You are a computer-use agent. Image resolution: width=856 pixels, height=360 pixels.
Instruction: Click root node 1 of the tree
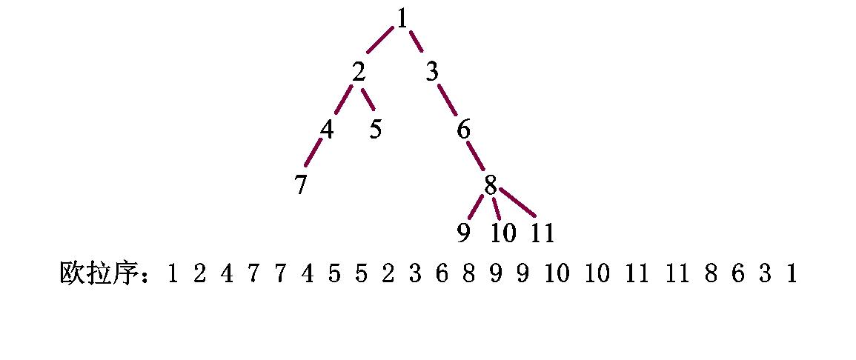click(402, 19)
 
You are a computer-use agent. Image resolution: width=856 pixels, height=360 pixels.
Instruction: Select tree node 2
click(359, 73)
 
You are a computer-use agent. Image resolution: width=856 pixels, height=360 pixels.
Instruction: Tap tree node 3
click(432, 73)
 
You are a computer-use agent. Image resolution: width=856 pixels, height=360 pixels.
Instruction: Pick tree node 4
click(327, 129)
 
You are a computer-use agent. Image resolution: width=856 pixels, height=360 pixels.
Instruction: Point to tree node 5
click(376, 129)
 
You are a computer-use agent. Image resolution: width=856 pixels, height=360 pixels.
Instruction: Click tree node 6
click(463, 130)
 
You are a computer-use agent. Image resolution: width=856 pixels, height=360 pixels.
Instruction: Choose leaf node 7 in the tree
click(300, 185)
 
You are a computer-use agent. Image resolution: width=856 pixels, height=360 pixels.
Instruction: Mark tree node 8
click(490, 185)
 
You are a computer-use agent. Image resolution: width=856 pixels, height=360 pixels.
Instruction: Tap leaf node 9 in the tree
click(463, 233)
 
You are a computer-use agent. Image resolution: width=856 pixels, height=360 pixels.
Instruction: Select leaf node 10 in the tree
click(503, 233)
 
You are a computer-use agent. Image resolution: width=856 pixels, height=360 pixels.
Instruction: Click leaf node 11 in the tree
click(543, 233)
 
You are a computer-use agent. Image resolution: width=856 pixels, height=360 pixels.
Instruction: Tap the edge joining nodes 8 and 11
click(517, 202)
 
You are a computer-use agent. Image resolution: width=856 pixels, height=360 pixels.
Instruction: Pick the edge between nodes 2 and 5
click(368, 100)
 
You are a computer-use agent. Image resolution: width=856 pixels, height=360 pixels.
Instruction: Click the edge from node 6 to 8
click(476, 156)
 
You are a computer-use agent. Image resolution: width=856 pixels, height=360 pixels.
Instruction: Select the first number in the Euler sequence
click(172, 275)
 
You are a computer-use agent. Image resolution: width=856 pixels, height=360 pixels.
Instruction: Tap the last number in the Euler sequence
click(792, 275)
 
